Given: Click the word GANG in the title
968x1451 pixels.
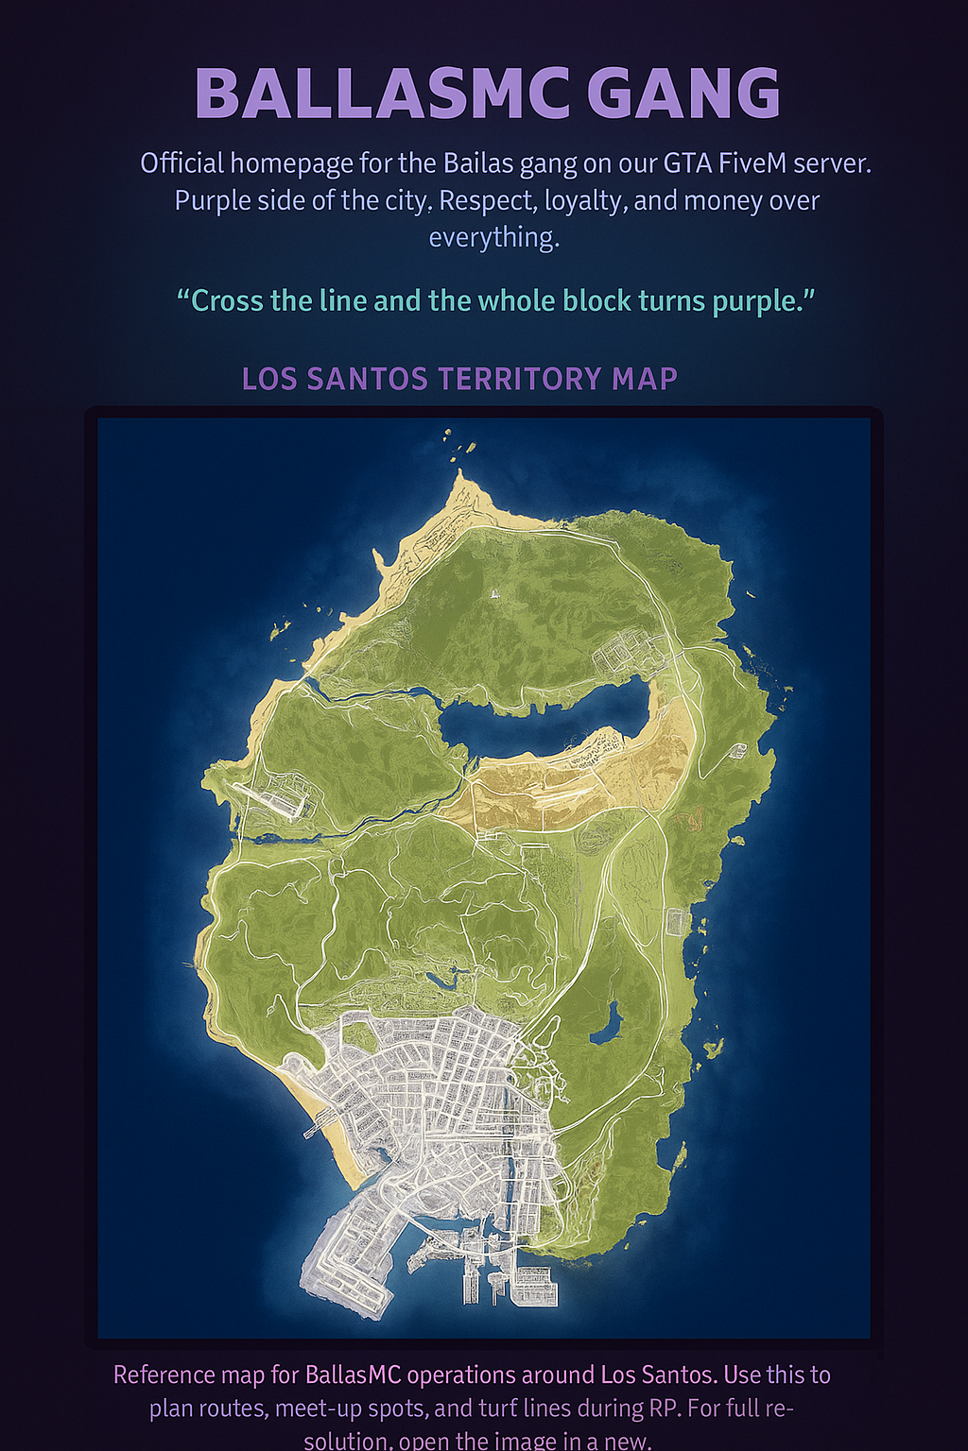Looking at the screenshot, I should (x=683, y=94).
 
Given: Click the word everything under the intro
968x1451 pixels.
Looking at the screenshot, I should (x=493, y=237).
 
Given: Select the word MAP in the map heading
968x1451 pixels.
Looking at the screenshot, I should (x=645, y=379).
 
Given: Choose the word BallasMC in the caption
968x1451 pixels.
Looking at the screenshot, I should (x=353, y=1374).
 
